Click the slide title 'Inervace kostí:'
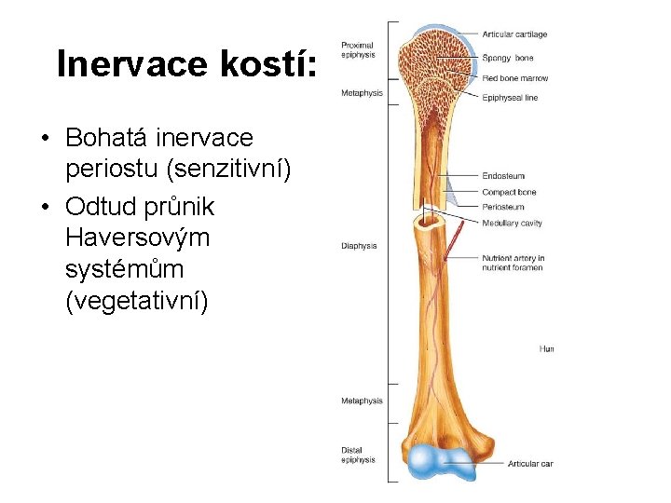click(x=187, y=65)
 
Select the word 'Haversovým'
click(x=138, y=237)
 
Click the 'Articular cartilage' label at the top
click(x=514, y=34)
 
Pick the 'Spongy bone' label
click(x=508, y=58)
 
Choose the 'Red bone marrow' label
click(x=514, y=78)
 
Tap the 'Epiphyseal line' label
click(x=510, y=98)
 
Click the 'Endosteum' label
click(x=503, y=176)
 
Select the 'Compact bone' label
click(x=509, y=192)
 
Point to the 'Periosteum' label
click(x=503, y=207)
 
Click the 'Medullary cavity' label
click(x=512, y=223)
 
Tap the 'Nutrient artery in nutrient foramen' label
click(x=513, y=263)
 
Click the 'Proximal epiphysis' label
click(x=358, y=49)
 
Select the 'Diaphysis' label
click(x=359, y=246)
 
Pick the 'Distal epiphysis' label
click(x=358, y=455)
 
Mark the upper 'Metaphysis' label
click(x=361, y=92)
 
